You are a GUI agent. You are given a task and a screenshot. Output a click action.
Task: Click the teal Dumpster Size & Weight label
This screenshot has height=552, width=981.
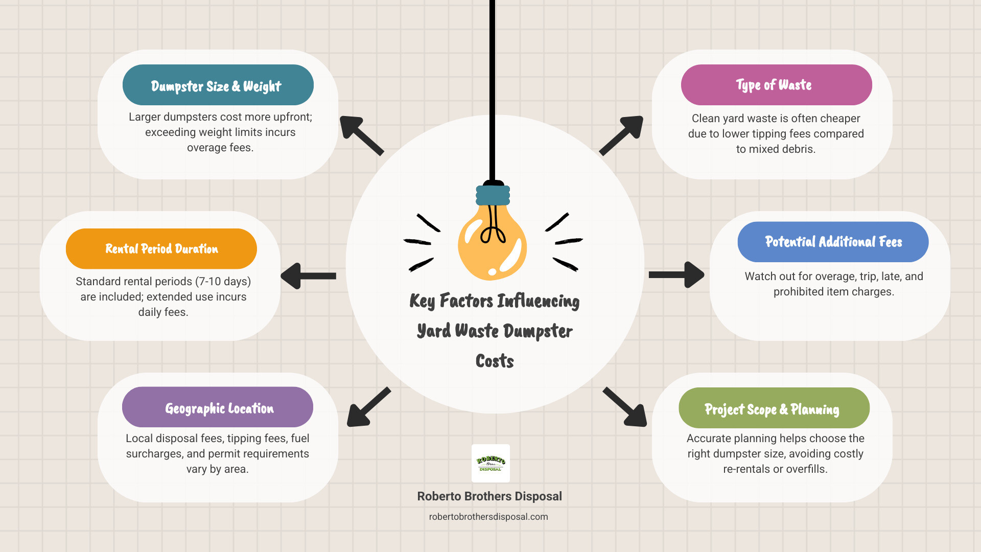pyautogui.click(x=218, y=85)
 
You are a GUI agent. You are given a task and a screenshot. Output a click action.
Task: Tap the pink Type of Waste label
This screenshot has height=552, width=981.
pyautogui.click(x=776, y=85)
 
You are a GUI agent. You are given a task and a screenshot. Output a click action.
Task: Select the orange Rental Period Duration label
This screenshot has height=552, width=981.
pyautogui.click(x=161, y=249)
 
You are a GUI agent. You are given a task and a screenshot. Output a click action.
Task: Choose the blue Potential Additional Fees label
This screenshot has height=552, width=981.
pyautogui.click(x=833, y=242)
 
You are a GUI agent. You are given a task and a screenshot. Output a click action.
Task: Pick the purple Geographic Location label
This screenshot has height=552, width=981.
pyautogui.click(x=218, y=407)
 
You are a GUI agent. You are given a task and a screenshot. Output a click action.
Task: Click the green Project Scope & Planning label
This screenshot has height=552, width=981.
pyautogui.click(x=774, y=408)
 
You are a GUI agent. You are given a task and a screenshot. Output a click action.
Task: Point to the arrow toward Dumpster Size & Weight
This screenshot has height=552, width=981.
pyautogui.click(x=361, y=135)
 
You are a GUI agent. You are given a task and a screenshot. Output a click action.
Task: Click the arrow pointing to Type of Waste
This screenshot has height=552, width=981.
pyautogui.click(x=622, y=135)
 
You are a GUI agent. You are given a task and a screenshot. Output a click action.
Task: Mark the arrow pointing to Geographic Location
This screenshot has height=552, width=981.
pyautogui.click(x=368, y=407)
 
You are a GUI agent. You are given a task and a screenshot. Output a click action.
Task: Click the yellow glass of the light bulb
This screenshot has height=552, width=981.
pyautogui.click(x=492, y=245)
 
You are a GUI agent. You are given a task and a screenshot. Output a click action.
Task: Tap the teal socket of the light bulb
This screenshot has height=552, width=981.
pyautogui.click(x=493, y=195)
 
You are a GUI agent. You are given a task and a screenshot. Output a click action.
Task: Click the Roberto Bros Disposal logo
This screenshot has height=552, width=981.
pyautogui.click(x=491, y=463)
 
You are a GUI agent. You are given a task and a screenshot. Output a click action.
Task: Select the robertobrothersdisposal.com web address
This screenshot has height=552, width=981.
pyautogui.click(x=488, y=517)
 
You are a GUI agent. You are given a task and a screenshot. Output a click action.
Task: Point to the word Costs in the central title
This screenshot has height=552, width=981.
pyautogui.click(x=495, y=361)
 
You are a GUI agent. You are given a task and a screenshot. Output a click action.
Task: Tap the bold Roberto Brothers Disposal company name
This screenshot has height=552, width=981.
pyautogui.click(x=489, y=496)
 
